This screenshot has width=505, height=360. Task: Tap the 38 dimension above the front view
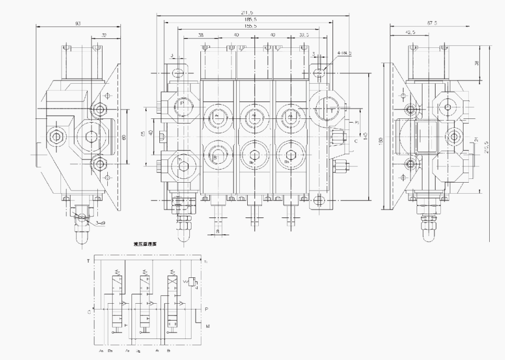tap(201, 35)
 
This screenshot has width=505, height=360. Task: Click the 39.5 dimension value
tap(305, 35)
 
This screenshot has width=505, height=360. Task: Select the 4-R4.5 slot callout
tap(345, 53)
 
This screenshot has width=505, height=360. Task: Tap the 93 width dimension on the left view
tap(78, 23)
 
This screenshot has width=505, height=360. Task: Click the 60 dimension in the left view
tap(125, 137)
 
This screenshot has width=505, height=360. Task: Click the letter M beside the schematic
tap(208, 326)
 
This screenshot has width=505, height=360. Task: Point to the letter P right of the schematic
tap(206, 309)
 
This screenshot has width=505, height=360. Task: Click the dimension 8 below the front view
tap(218, 231)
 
